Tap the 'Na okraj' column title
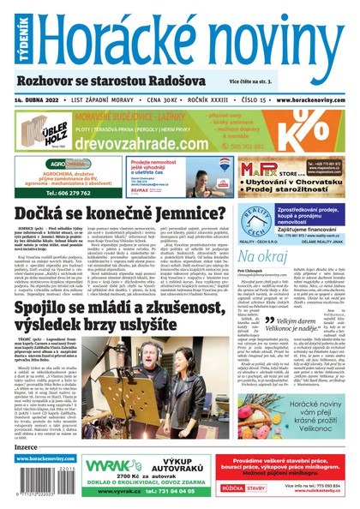266,256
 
